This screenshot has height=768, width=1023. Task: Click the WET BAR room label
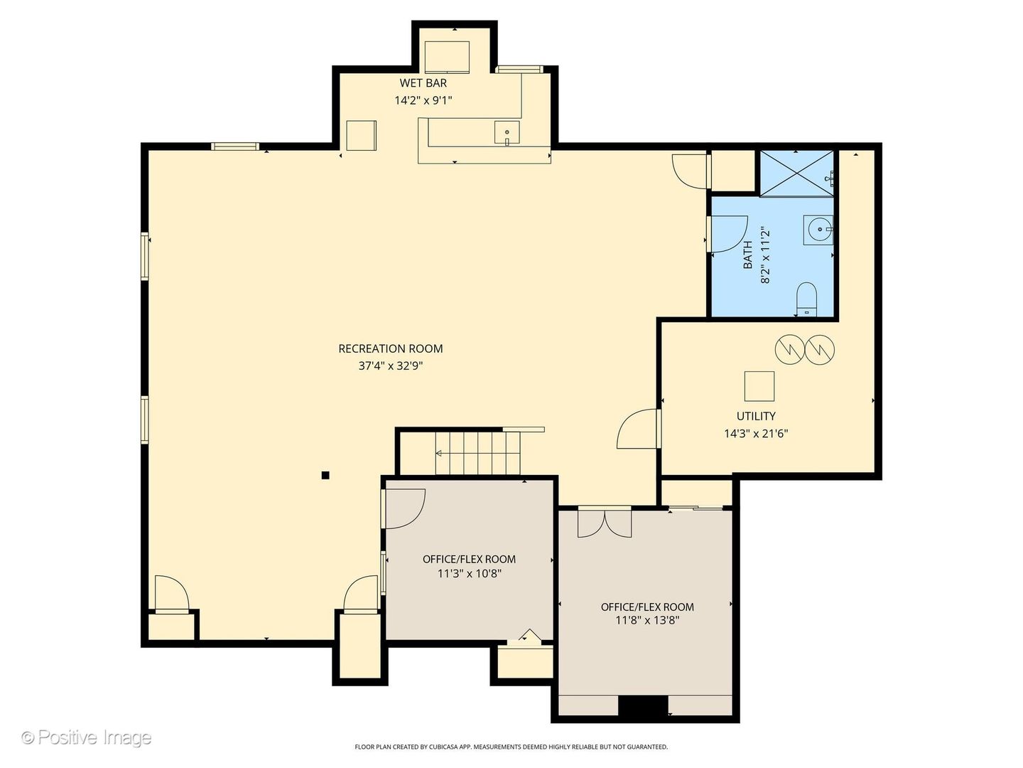click(423, 83)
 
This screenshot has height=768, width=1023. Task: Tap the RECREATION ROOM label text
click(390, 348)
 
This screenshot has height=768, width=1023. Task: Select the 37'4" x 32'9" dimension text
click(390, 366)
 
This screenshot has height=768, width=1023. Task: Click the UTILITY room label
click(755, 416)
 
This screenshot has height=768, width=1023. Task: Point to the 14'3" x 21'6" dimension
click(755, 433)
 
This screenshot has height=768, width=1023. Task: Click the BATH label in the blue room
click(748, 255)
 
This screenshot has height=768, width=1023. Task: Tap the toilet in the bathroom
click(806, 299)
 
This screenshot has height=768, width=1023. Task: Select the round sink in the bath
click(819, 229)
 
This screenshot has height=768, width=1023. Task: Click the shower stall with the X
click(796, 173)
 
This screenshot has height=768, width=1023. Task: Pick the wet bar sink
click(507, 134)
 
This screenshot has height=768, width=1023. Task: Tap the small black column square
click(325, 475)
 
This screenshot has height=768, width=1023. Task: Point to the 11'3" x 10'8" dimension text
click(469, 573)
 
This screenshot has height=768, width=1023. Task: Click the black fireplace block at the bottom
click(643, 705)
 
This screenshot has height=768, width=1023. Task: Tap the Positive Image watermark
click(87, 737)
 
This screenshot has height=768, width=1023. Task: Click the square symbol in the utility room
click(759, 386)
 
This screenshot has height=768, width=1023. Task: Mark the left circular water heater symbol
click(788, 348)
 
